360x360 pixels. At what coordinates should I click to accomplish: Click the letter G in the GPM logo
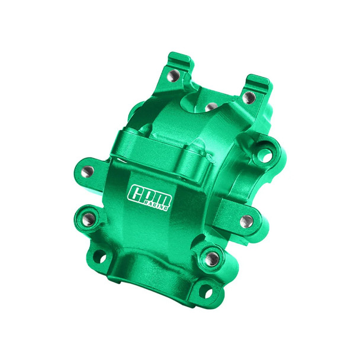pos(136,194)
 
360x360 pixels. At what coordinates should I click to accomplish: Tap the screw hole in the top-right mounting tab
pos(249,97)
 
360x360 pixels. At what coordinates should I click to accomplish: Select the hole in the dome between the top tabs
pos(210,107)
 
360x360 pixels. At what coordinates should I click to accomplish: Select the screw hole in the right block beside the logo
pos(246,221)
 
